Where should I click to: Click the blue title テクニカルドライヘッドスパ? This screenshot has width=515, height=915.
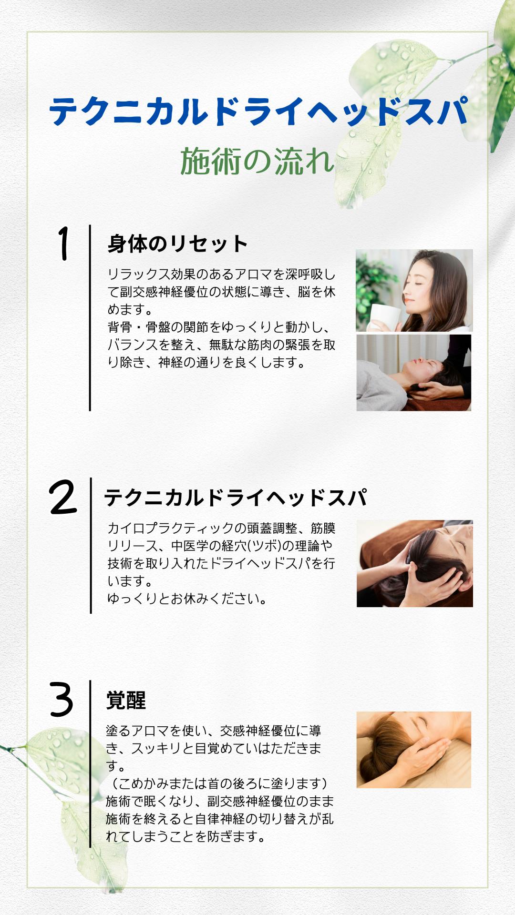258,112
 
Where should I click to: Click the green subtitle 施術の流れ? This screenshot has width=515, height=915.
257,161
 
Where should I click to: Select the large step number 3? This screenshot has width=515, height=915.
62,700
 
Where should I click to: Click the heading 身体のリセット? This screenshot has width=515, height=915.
177,244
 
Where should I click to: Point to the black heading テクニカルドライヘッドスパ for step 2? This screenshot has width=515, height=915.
236,498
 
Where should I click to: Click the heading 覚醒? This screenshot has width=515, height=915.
126,700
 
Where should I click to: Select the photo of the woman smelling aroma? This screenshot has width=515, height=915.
414,290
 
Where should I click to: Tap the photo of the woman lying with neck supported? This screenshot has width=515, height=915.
414,373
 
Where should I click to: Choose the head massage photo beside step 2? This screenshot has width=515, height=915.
415,563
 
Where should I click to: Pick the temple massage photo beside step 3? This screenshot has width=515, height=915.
414,750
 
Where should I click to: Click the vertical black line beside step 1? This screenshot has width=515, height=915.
90,318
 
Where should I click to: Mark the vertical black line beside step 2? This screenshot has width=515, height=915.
91,545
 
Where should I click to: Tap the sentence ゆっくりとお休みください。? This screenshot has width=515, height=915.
187,599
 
